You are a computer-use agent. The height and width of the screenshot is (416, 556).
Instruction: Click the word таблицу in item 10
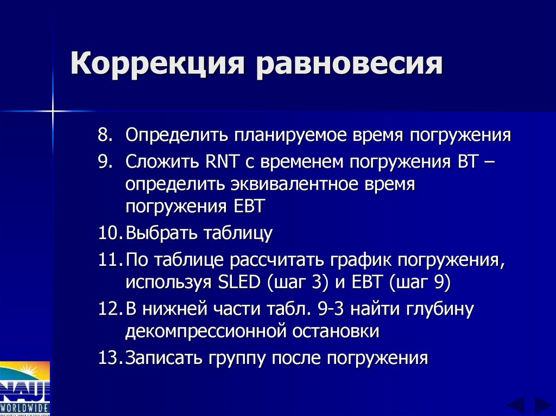click(x=238, y=234)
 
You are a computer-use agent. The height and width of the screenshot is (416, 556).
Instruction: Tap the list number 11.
click(x=110, y=260)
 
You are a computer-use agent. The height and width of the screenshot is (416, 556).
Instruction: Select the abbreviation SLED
click(x=238, y=283)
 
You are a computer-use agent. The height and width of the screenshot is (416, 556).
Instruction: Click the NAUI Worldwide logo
click(x=24, y=388)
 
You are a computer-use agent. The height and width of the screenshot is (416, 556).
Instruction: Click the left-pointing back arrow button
click(x=516, y=405)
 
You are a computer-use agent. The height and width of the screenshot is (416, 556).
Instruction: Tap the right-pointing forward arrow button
click(x=542, y=405)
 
